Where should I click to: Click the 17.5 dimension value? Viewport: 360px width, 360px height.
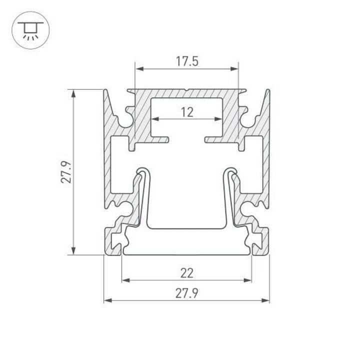(x=187, y=61)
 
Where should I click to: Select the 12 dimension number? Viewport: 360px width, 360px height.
(x=187, y=112)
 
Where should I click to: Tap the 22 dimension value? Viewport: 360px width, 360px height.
(x=186, y=273)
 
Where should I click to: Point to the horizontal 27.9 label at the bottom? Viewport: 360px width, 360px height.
(x=186, y=294)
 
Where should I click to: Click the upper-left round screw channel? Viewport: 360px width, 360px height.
(x=126, y=120)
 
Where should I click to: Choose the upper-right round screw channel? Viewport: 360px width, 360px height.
(x=247, y=120)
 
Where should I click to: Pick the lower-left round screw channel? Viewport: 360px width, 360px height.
(x=125, y=209)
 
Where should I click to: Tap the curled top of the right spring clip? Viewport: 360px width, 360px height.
(x=231, y=171)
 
